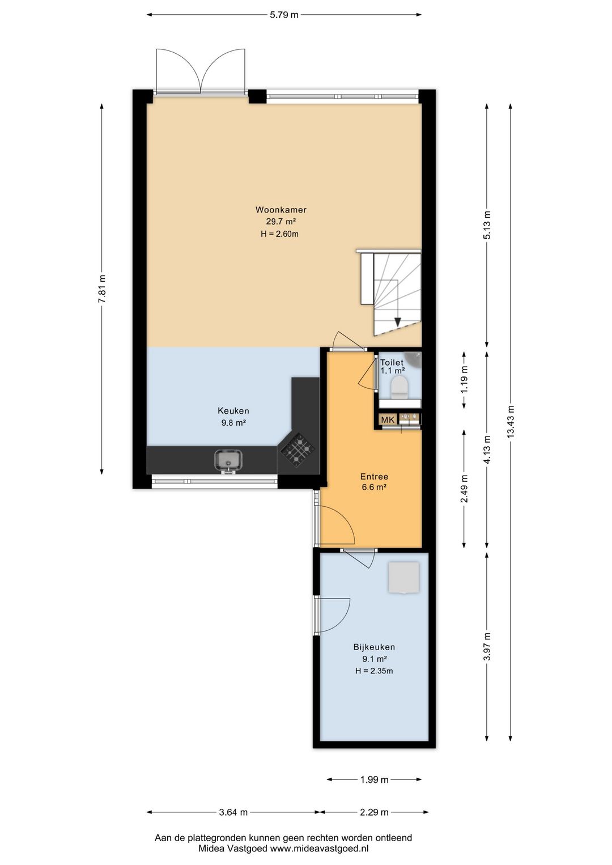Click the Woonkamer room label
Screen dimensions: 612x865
point(280,210)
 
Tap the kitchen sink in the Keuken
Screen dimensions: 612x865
point(229,461)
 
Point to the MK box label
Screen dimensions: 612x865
point(388,420)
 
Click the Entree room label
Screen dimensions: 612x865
point(374,477)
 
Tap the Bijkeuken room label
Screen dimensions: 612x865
point(374,647)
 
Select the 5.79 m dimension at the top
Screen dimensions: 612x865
point(284,15)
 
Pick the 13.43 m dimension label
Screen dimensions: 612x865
point(511,421)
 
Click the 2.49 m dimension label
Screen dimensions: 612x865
point(465,488)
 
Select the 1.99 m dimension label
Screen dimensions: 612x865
point(374,779)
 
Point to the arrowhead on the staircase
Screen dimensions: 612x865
point(397,321)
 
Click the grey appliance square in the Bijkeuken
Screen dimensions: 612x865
point(403,577)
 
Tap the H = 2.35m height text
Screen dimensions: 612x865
point(374,671)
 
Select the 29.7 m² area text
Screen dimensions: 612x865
point(280,222)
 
